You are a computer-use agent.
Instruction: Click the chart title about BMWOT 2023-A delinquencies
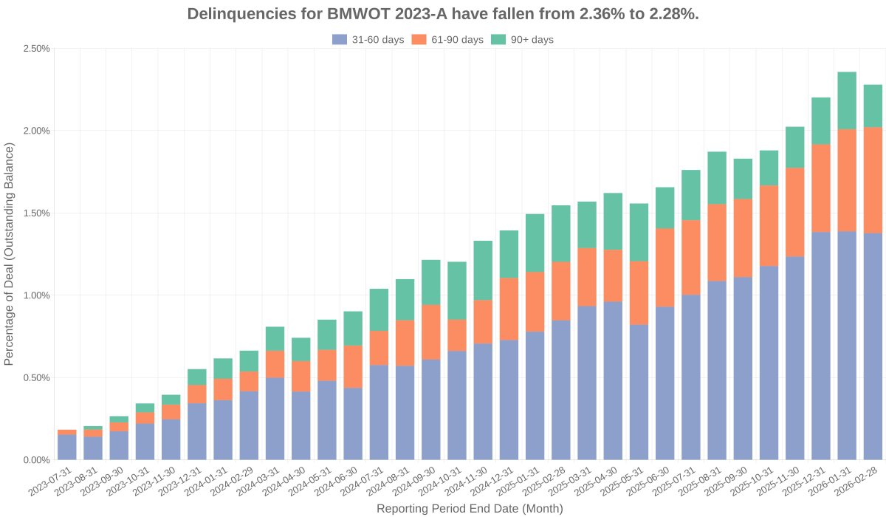tap(443, 14)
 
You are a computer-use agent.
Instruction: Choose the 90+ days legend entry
tap(522, 40)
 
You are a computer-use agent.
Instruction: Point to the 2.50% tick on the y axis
tap(35, 49)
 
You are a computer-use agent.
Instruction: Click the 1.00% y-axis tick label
tap(35, 295)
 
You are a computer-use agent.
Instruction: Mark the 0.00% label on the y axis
tap(35, 460)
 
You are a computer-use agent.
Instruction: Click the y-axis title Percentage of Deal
tap(10, 254)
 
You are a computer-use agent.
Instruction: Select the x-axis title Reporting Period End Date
tap(470, 508)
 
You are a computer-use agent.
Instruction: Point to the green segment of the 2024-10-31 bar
tap(457, 290)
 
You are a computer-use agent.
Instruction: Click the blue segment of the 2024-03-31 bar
tap(275, 418)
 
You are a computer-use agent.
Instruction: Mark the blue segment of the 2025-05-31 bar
tap(639, 392)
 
